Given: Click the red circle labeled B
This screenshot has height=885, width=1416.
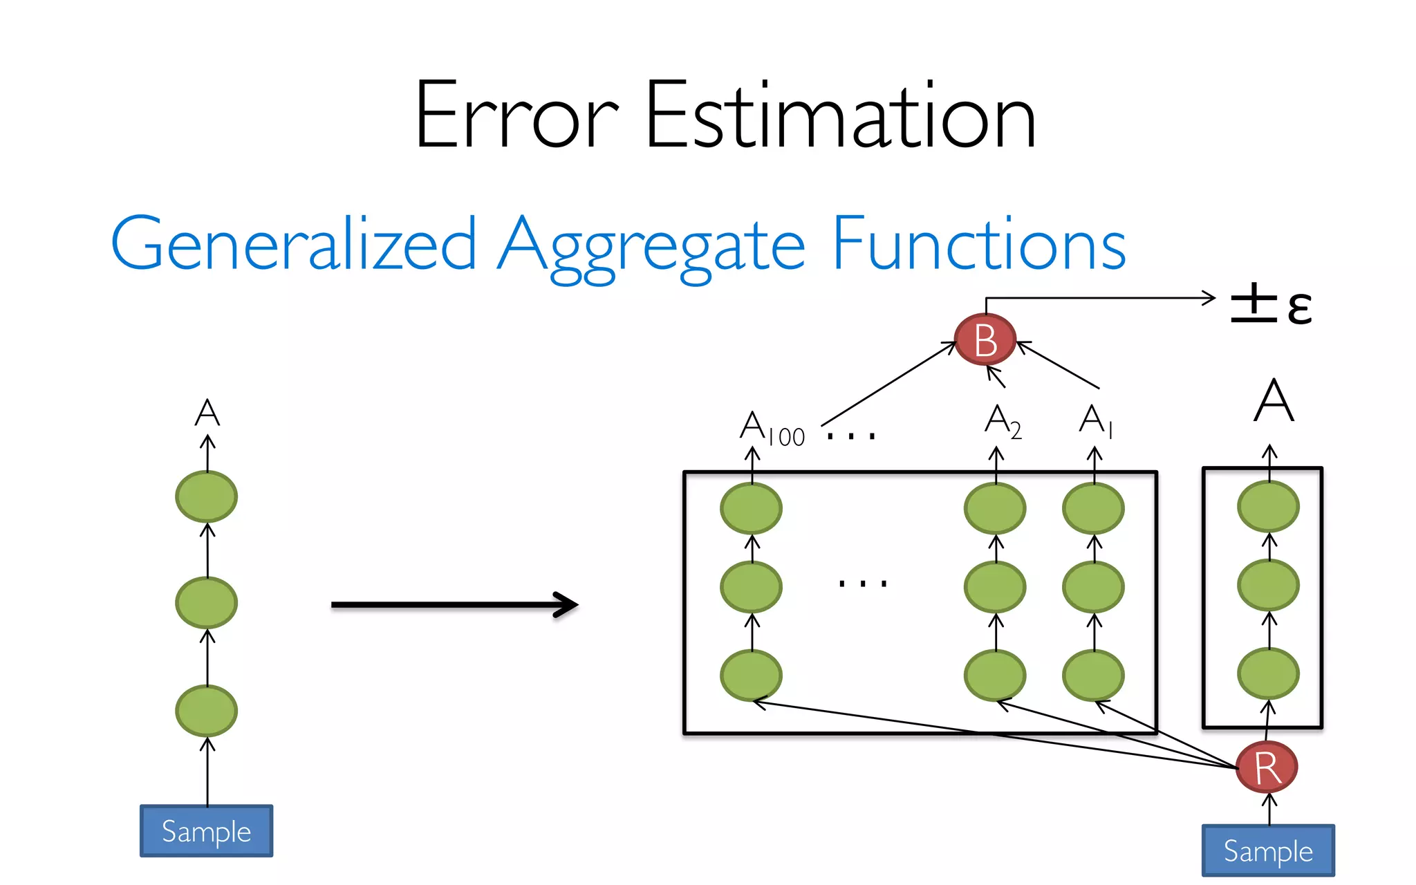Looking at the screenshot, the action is [x=985, y=339].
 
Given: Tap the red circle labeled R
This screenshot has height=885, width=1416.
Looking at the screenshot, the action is [x=1267, y=767].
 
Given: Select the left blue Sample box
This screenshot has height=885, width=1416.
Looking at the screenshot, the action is [x=206, y=831].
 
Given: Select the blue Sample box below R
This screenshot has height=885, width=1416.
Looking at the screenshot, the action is [x=1268, y=850].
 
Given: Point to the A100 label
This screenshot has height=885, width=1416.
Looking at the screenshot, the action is [x=772, y=428].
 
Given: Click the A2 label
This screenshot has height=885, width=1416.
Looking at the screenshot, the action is [x=1003, y=421].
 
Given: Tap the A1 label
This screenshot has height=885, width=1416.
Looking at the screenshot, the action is [x=1096, y=421].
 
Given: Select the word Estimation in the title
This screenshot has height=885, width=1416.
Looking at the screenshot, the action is [x=840, y=115].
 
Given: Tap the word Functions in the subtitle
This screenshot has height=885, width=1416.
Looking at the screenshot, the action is [x=978, y=243].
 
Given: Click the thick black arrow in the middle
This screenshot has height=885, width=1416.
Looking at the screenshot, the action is [x=454, y=605].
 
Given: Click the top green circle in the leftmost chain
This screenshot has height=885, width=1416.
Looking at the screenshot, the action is [x=206, y=496].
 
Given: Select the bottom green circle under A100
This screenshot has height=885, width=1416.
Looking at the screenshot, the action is [x=751, y=675].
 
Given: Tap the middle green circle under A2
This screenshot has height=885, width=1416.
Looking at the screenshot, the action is [x=995, y=586].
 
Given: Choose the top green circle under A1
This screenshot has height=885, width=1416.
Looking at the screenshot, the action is [x=1093, y=508].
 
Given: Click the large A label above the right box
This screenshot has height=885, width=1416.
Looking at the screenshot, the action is [x=1274, y=401].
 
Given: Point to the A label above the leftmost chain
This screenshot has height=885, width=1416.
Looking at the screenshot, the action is [x=207, y=413].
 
